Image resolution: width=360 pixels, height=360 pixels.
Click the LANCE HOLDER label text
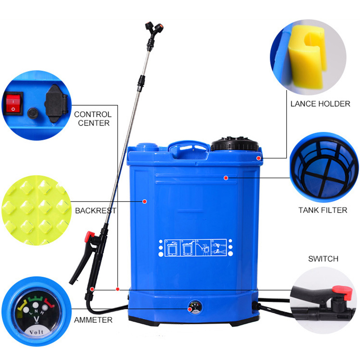(x=320, y=104)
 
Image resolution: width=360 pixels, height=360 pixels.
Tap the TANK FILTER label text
(x=323, y=210)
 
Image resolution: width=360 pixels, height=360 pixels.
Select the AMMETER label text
(x=93, y=320)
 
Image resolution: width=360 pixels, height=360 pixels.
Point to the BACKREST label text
(x=96, y=211)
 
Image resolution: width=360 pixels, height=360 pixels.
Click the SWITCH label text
(x=323, y=259)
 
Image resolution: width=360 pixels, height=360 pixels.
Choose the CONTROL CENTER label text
(x=93, y=118)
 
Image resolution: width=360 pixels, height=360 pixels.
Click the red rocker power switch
(x=13, y=103)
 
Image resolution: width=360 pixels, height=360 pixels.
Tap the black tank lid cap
(x=234, y=144)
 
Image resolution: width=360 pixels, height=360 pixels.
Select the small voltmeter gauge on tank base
(x=195, y=307)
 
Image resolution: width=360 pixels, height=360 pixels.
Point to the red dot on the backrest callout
(x=144, y=202)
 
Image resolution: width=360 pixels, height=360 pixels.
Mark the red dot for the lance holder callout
(x=258, y=158)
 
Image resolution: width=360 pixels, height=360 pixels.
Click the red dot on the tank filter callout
(x=226, y=178)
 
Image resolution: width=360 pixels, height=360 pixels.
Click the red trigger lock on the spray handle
(x=89, y=237)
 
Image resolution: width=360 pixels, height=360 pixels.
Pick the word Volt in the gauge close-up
(x=36, y=332)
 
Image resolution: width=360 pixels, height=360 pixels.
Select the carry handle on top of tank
(x=189, y=147)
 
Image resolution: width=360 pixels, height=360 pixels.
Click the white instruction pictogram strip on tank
(x=195, y=248)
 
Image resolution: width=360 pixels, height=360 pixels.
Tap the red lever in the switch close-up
(x=343, y=292)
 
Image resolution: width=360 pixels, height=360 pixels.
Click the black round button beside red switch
(x=33, y=113)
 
